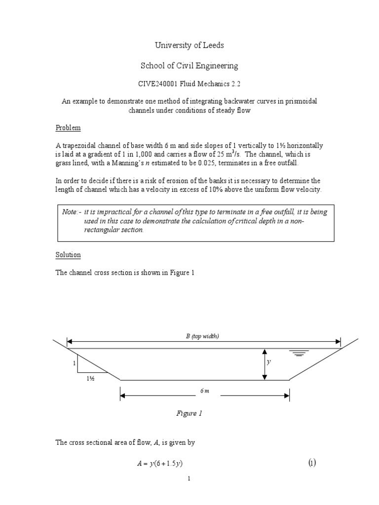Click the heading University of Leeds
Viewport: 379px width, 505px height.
[189, 45]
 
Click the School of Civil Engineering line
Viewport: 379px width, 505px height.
[189, 65]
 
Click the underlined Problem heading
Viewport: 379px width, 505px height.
[68, 128]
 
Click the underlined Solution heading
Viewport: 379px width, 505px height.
[68, 255]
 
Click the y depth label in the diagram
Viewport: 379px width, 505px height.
[269, 361]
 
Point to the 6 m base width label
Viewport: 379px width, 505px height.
[205, 390]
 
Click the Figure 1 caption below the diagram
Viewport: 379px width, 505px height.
[189, 413]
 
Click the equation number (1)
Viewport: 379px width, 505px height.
[312, 463]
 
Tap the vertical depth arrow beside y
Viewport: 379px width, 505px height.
[265, 364]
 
